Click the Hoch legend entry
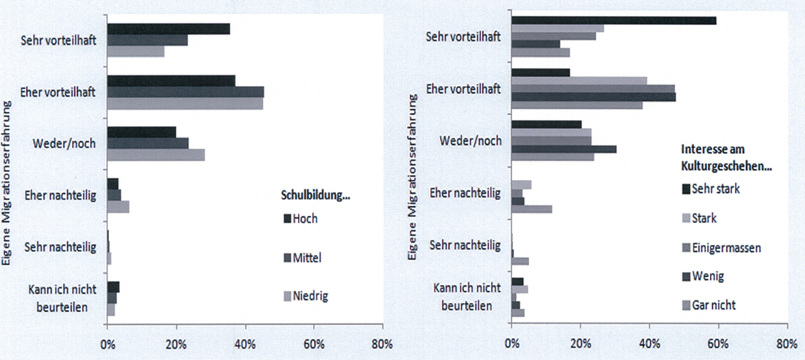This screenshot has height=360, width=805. click(301, 219)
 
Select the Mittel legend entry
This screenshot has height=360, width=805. click(302, 258)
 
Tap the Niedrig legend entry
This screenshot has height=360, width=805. click(306, 296)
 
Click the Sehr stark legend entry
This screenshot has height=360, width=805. click(711, 189)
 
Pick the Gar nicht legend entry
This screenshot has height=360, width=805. click(709, 305)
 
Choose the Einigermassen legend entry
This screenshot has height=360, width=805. click(721, 248)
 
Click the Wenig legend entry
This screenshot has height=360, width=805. click(703, 276)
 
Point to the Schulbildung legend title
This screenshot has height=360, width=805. click(315, 195)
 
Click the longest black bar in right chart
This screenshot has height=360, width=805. click(614, 20)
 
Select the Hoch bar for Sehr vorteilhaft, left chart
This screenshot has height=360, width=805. click(168, 29)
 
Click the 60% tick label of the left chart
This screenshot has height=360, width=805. click(314, 344)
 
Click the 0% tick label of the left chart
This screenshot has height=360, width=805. click(107, 344)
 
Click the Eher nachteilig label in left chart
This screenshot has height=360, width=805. click(60, 196)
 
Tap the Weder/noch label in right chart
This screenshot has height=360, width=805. click(470, 141)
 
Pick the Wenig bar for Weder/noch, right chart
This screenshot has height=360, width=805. click(564, 149)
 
